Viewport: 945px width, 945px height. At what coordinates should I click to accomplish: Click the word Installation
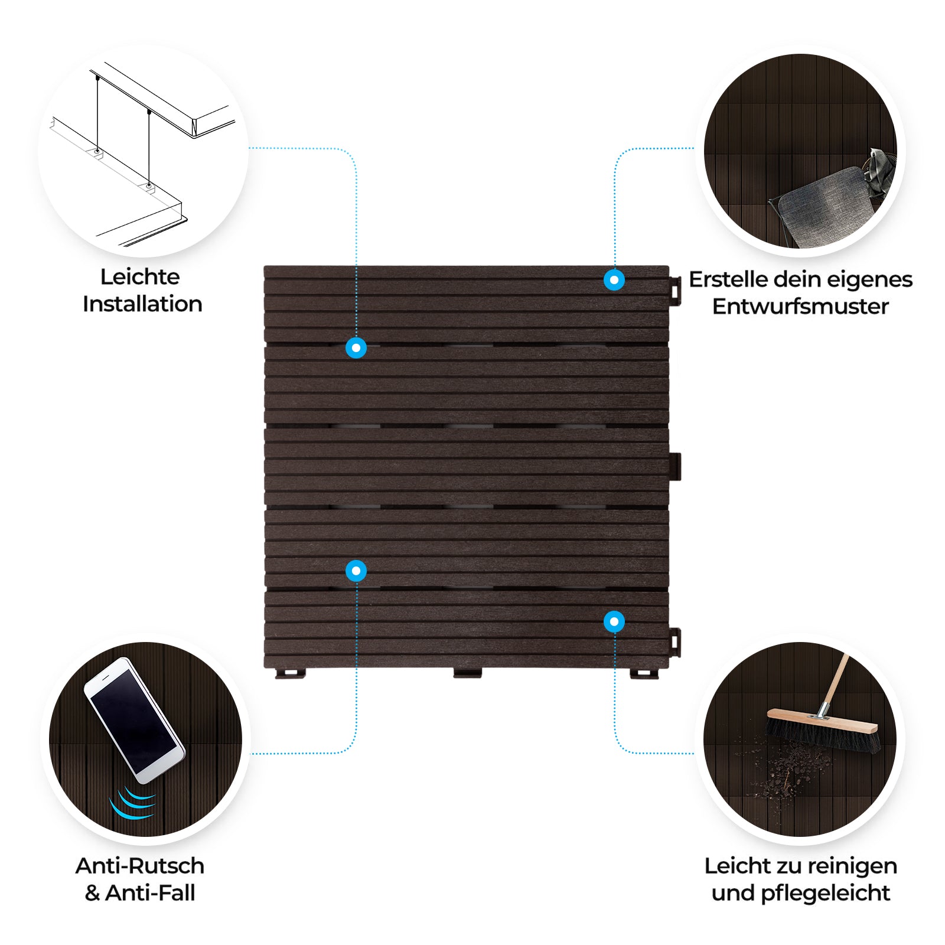coord(142,304)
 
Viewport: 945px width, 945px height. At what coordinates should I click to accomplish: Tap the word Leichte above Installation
coord(140,276)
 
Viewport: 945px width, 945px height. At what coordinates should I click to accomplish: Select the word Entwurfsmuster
coord(800,306)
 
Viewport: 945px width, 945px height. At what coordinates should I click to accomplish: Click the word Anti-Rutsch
coord(140,866)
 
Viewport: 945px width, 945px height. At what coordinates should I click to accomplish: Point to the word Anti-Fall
coord(150,893)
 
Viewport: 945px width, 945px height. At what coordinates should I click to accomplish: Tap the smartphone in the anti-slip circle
coord(134,720)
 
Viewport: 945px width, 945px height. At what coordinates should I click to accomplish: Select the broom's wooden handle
coord(833,686)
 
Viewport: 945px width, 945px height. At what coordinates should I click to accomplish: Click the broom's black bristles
coord(823,737)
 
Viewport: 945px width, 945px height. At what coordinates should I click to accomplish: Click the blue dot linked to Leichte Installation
coord(356,348)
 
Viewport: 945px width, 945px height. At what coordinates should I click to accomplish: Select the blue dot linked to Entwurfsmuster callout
coord(614,280)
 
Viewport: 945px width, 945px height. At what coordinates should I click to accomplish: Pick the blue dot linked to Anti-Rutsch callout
coord(356,571)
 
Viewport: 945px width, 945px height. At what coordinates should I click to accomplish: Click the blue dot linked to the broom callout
coord(614,622)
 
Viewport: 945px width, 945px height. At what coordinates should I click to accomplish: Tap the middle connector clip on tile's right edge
coord(675,467)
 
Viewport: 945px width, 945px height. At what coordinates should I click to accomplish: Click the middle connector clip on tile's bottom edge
coord(467,673)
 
